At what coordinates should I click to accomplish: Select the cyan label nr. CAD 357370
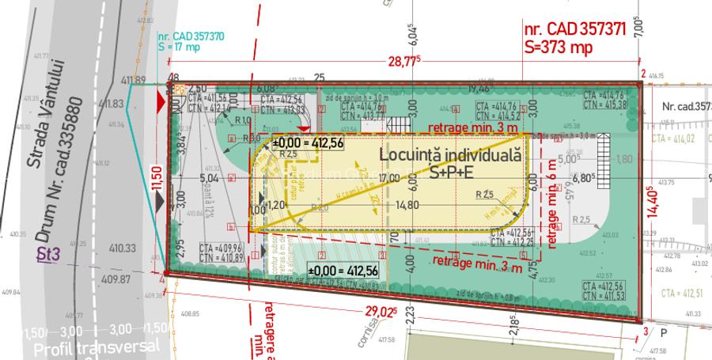(x=191, y=36)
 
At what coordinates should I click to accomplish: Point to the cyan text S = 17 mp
(x=180, y=47)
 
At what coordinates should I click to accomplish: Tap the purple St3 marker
(x=50, y=254)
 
